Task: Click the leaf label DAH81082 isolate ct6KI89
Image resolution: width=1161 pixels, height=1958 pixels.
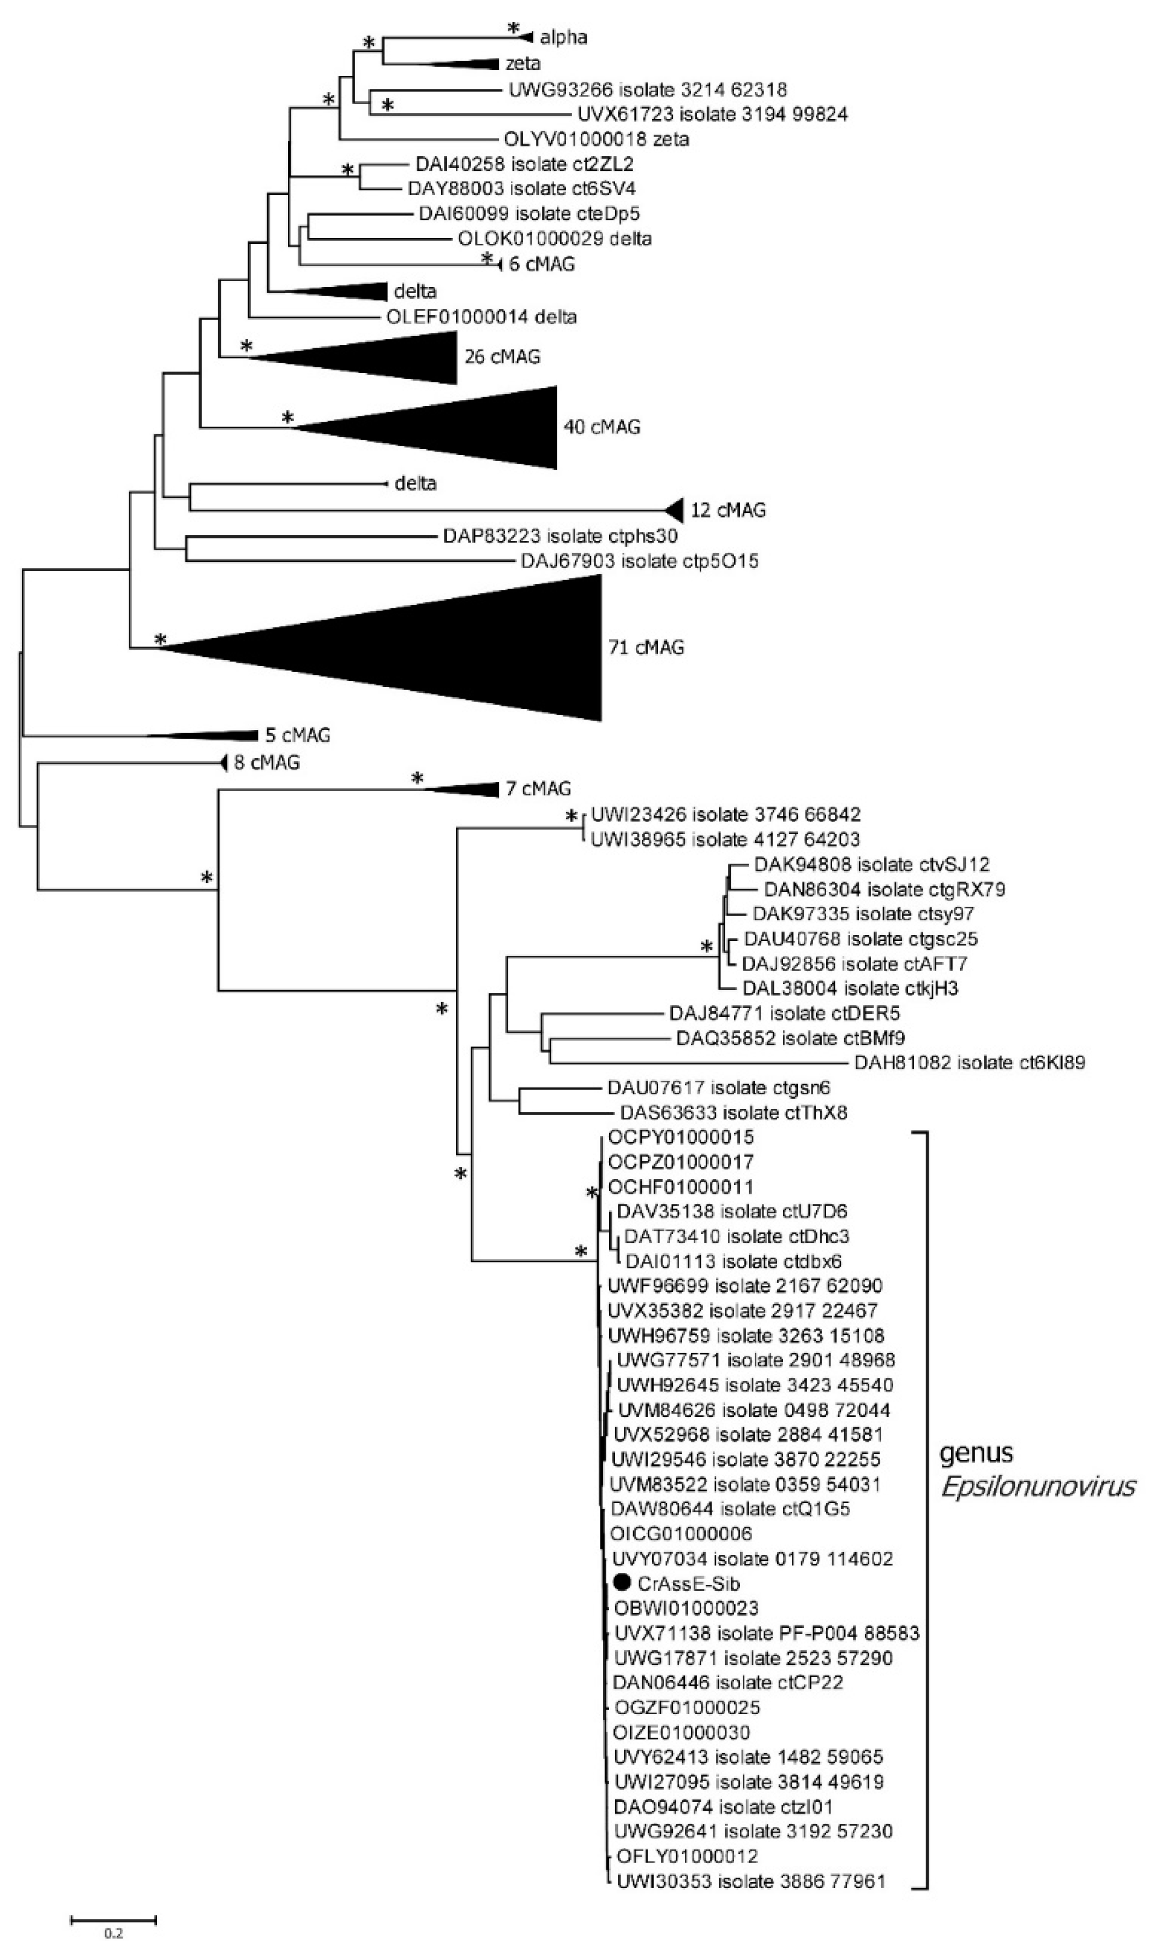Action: pyautogui.click(x=968, y=1063)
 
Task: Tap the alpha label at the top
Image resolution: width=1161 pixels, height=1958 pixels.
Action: pyautogui.click(x=563, y=37)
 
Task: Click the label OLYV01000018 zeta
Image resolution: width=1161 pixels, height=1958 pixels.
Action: pyautogui.click(x=596, y=139)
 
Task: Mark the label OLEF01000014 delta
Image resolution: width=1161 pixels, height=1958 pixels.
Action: pyautogui.click(x=481, y=317)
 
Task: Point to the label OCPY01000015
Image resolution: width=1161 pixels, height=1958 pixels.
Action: pyautogui.click(x=681, y=1136)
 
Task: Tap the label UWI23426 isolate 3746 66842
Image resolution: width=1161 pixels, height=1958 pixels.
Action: pyautogui.click(x=725, y=814)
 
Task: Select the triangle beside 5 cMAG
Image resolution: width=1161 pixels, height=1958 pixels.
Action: pyautogui.click(x=227, y=735)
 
